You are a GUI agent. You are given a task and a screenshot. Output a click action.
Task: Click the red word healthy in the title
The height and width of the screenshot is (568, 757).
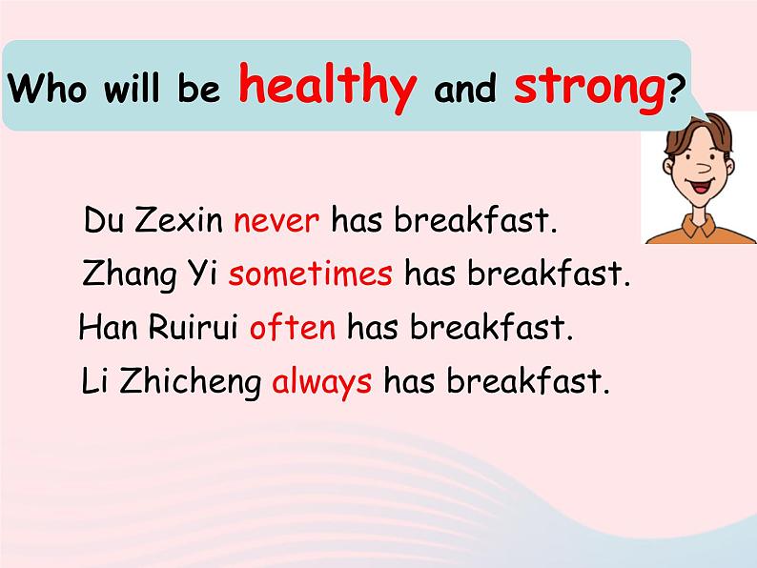(327, 87)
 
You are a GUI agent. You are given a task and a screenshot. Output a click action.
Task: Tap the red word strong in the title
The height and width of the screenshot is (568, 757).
(589, 88)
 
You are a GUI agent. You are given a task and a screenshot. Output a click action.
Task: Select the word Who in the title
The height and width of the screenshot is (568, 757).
(48, 88)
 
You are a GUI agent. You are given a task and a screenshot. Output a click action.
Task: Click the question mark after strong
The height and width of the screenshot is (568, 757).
(676, 89)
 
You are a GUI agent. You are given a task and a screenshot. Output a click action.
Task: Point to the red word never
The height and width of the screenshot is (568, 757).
(276, 221)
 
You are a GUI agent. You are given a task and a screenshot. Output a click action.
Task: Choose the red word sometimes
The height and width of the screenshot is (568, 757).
(311, 274)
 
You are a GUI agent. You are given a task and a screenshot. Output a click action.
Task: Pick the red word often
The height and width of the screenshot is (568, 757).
(293, 326)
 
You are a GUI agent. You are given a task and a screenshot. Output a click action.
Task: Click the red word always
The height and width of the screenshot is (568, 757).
(322, 382)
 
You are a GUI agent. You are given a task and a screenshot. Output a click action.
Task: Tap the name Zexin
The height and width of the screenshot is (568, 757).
(178, 220)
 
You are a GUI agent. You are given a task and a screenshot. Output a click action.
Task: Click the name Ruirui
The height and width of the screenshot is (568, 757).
(194, 326)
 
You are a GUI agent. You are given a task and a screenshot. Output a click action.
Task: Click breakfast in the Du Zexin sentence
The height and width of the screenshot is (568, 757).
(476, 220)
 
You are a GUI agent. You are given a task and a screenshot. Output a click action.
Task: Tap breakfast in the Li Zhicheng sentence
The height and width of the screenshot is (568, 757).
(528, 381)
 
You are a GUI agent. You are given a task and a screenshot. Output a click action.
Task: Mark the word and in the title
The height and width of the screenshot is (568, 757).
(465, 89)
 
